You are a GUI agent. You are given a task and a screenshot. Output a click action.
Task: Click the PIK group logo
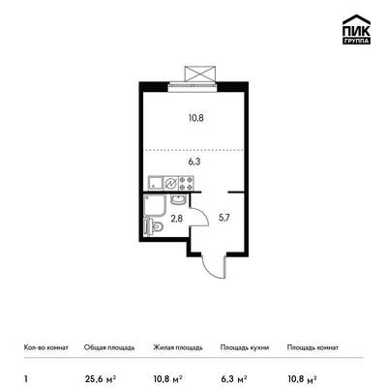356,29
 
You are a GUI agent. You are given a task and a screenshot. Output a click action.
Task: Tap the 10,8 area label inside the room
196,118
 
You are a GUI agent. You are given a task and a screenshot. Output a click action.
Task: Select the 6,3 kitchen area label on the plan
194,162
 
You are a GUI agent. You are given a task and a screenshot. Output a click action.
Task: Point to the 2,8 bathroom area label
177,219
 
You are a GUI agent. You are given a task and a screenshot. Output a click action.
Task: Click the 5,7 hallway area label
224,218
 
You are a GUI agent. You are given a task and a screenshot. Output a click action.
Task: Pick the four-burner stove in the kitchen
187,183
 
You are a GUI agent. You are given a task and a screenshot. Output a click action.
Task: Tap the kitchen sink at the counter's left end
156,183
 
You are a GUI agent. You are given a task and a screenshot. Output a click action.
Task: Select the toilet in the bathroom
154,226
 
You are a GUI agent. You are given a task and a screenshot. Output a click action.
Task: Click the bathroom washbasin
178,199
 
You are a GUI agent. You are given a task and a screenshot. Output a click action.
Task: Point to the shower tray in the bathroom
155,205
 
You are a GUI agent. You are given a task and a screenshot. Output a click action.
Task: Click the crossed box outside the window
200,74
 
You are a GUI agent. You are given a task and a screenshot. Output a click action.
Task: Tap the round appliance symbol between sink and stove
171,183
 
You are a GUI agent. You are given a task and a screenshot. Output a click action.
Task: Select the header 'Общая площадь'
109,347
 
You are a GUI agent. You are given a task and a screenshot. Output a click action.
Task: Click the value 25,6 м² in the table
100,379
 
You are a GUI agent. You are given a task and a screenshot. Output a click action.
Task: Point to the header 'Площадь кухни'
245,347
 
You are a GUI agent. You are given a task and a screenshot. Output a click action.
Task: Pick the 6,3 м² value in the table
234,379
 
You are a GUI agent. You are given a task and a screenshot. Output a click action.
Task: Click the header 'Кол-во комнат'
46,347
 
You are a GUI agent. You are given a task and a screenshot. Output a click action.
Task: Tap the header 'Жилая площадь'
178,347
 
